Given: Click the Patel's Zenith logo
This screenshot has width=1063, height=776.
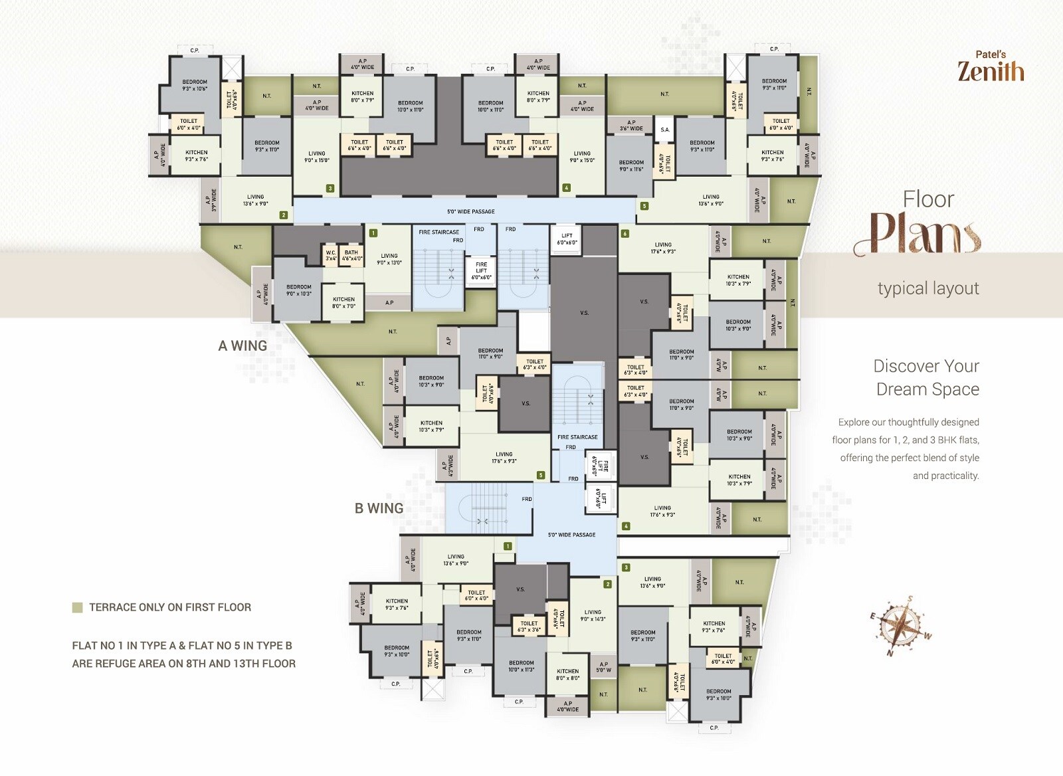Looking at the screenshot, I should [x=990, y=66].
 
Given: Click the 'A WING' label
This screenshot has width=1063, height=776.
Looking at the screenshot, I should [x=242, y=346].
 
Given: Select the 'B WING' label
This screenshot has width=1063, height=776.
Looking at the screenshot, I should [x=379, y=508].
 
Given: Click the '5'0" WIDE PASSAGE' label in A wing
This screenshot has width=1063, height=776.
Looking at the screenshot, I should [x=470, y=211].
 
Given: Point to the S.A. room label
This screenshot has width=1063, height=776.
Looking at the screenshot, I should [x=664, y=130].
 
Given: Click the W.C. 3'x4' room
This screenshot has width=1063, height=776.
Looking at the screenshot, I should [x=331, y=255].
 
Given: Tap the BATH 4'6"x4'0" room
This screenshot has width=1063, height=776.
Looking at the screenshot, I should [x=351, y=255].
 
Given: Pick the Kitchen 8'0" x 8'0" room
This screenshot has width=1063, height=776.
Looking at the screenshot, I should [x=567, y=674].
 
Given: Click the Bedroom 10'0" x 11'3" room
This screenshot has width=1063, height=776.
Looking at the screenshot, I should [x=521, y=666].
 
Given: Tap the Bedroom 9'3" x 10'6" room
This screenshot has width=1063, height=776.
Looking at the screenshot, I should [x=195, y=85].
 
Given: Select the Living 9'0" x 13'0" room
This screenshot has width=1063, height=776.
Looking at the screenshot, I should [x=389, y=259].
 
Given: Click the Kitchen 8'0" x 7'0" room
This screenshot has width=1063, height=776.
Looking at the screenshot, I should [x=343, y=302].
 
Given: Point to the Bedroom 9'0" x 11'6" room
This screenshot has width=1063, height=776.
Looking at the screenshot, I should [x=631, y=165].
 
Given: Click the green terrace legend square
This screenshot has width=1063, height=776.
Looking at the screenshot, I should [x=78, y=607].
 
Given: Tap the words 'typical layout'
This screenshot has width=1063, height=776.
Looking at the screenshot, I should [x=927, y=288].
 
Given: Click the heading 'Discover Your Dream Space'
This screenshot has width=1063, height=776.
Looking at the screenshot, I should [x=926, y=377].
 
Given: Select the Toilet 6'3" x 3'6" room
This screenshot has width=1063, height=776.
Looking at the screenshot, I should [x=529, y=626].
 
